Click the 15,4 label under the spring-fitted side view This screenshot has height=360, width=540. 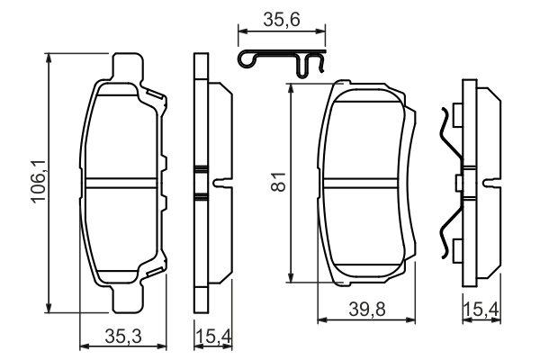pyautogui.click(x=481, y=310)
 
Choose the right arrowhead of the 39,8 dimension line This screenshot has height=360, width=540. pyautogui.click(x=414, y=319)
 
